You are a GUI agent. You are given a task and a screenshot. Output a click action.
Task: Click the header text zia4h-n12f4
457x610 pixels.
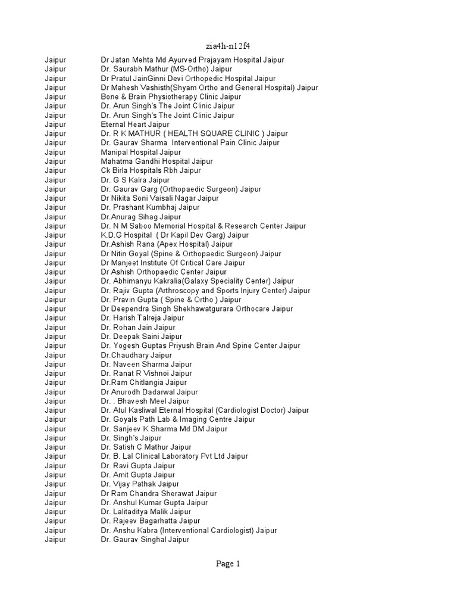click(228, 46)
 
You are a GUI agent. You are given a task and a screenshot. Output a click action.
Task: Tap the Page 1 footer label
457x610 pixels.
click(228, 564)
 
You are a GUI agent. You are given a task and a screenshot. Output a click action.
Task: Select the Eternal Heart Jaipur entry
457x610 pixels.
click(135, 125)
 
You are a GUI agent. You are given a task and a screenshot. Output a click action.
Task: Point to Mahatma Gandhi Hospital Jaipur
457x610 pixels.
click(156, 161)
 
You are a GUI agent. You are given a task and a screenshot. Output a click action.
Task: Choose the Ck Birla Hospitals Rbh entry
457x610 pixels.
click(151, 170)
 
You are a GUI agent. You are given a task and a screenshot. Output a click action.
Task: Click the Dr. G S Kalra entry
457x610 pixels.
click(135, 180)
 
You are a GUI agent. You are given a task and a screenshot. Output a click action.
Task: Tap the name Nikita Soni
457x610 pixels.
click(127, 198)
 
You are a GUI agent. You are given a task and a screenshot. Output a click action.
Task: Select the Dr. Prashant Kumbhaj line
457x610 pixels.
click(150, 207)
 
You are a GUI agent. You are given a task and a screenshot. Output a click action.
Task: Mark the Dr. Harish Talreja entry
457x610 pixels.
click(142, 318)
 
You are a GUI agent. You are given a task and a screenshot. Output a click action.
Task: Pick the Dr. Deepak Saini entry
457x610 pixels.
click(142, 337)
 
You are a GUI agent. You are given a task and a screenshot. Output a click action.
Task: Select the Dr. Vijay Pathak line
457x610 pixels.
click(140, 484)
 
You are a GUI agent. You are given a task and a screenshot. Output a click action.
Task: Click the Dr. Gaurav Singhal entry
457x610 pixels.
click(145, 540)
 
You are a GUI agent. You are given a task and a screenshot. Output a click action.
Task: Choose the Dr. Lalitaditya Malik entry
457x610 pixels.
click(146, 512)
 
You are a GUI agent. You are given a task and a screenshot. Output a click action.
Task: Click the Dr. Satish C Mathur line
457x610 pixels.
click(146, 447)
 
